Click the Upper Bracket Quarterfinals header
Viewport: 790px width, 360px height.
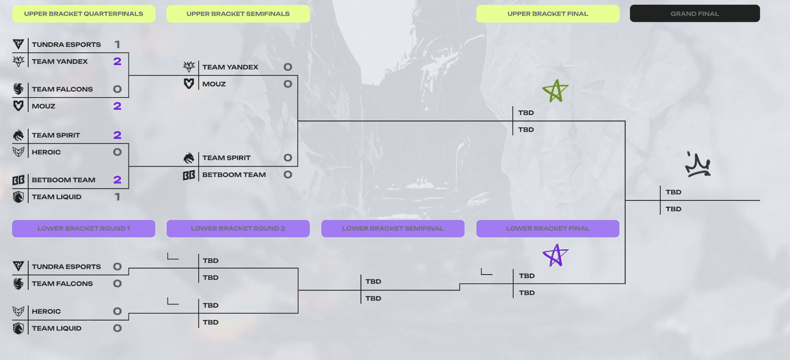pos(83,14)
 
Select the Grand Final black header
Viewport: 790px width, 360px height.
pos(695,14)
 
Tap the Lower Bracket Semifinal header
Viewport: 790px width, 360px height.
pos(393,229)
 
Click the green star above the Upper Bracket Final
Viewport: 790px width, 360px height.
pos(555,91)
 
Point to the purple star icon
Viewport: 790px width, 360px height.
pos(555,255)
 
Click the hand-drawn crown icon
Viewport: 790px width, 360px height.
pos(698,164)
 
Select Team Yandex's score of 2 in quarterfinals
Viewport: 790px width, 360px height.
pos(118,61)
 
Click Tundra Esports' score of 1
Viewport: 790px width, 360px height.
pos(118,44)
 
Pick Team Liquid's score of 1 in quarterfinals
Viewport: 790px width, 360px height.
pos(118,197)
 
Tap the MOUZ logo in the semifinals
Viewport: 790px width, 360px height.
pos(189,84)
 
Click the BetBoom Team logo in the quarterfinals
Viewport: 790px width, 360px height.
pos(18,180)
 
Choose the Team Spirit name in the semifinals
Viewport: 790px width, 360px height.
pos(227,158)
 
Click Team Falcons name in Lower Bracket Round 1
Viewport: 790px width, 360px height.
pos(62,283)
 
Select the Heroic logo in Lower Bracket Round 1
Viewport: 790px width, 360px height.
pos(18,311)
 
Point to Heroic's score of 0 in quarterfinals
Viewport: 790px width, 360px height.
pos(118,152)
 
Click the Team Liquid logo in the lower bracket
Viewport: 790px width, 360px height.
pos(18,328)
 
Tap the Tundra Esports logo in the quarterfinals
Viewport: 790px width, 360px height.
pos(18,44)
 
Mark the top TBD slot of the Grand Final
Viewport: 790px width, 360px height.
pos(673,192)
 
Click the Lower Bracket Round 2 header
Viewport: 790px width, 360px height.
pos(238,229)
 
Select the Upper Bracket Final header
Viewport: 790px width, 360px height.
pos(548,14)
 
